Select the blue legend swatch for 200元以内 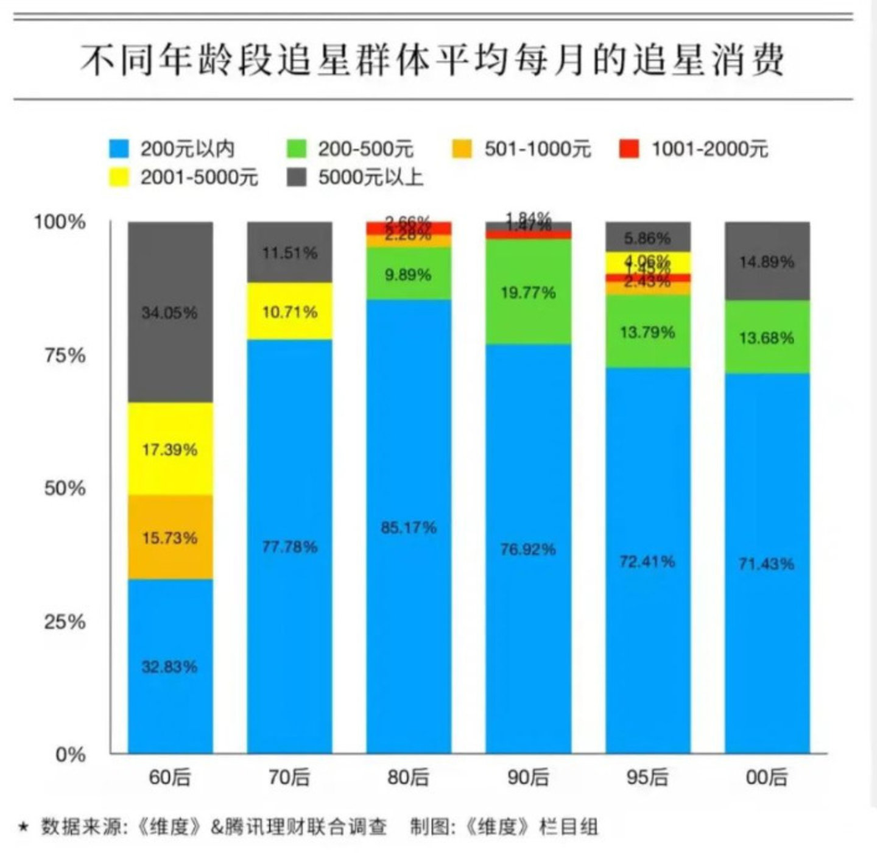[x=119, y=149]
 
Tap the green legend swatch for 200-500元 [x=297, y=149]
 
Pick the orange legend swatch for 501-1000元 [x=463, y=149]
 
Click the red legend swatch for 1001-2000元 [x=629, y=149]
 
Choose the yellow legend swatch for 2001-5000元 [x=119, y=177]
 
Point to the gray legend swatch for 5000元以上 [x=297, y=177]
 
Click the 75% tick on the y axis [x=65, y=355]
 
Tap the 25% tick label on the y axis [x=65, y=622]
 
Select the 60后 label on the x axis [x=170, y=777]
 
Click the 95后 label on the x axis [x=647, y=777]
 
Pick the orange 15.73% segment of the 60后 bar [x=170, y=537]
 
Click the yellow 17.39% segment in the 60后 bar [x=170, y=449]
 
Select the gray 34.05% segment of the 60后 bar [x=170, y=312]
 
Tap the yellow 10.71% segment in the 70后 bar [x=289, y=312]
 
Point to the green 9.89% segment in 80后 [x=409, y=274]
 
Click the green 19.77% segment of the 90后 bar [x=528, y=292]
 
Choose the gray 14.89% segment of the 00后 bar [x=767, y=261]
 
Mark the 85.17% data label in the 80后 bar [x=409, y=527]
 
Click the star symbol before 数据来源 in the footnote [x=24, y=827]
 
